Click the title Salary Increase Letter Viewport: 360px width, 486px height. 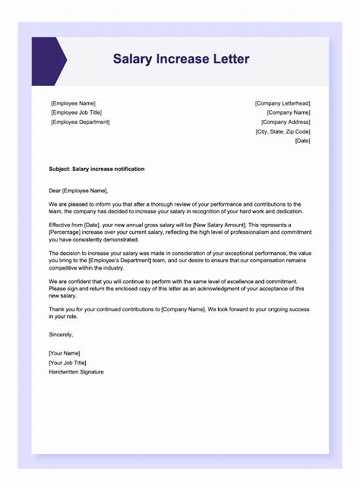pos(181,59)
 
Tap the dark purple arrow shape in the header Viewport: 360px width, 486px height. pos(48,61)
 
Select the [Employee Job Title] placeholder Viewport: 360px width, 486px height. pos(76,112)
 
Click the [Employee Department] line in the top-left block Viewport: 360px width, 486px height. pos(80,122)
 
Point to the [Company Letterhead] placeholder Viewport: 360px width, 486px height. pos(283,103)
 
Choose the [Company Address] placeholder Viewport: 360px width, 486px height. pos(286,122)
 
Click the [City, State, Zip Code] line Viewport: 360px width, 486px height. pos(283,131)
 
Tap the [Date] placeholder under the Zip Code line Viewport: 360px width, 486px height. pos(302,141)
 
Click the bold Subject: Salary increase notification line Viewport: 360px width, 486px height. pos(97,169)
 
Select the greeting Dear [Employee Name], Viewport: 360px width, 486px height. pos(79,190)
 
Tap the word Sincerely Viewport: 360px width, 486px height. pos(61,334)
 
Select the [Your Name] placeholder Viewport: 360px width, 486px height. pos(64,353)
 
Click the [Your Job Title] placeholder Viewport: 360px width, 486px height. pos(67,363)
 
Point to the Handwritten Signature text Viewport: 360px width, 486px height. pos(76,372)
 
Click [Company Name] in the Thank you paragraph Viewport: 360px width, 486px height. pos(184,310)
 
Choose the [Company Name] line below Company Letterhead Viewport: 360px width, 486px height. pos(288,112)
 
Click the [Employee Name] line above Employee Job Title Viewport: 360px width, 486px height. pos(73,103)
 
